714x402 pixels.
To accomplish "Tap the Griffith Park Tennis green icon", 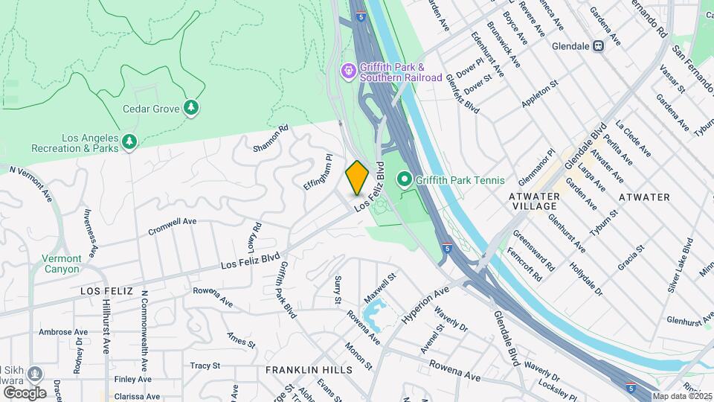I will (405, 179).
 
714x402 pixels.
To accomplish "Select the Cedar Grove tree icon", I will (192, 108).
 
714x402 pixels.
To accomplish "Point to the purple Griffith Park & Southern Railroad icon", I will (348, 71).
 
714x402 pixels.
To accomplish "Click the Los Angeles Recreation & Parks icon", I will (129, 141).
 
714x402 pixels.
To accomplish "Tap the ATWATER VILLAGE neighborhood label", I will (534, 201).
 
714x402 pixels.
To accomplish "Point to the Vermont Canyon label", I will (62, 264).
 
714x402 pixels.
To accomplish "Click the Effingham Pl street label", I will (318, 171).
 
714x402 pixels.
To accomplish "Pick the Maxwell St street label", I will (381, 286).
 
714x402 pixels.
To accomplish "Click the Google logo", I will (25, 392).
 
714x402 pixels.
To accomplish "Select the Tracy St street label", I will (206, 366).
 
